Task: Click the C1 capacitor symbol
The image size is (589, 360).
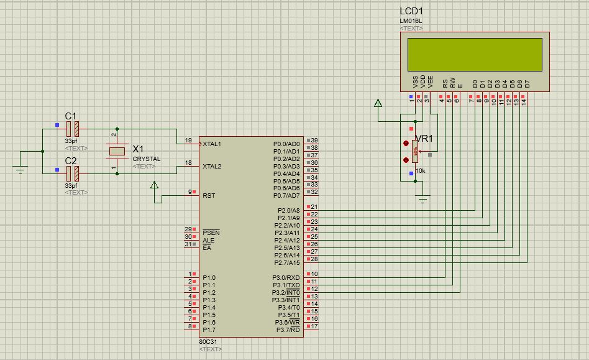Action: (x=73, y=129)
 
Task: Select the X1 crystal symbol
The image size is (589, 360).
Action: (x=117, y=151)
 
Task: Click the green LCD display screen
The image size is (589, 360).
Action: (x=474, y=54)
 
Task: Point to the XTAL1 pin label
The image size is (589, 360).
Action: (x=212, y=144)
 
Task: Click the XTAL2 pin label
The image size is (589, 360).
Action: (x=212, y=166)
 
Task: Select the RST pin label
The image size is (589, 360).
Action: (x=209, y=195)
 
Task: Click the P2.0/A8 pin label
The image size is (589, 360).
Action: (x=288, y=210)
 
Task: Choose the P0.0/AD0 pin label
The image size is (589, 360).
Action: (x=286, y=144)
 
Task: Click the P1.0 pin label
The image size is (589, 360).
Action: (x=209, y=277)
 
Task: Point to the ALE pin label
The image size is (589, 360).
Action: (x=208, y=240)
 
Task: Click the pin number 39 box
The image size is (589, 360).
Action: (x=314, y=141)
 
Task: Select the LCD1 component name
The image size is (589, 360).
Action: (x=411, y=12)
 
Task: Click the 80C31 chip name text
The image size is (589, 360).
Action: (x=208, y=342)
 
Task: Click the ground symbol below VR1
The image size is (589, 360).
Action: (x=423, y=199)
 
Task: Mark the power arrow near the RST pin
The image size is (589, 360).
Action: (x=155, y=185)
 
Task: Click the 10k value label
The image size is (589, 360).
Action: (x=420, y=170)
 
